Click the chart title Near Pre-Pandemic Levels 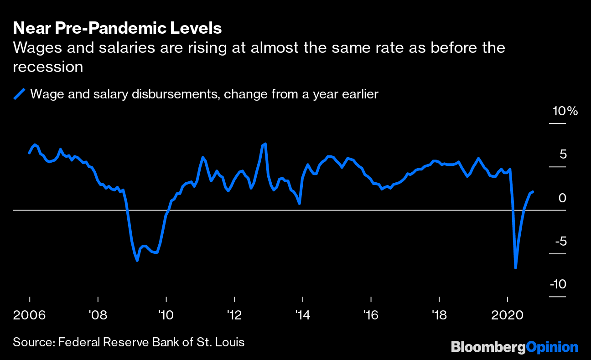117,28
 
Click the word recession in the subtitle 48,67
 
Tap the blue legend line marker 19,94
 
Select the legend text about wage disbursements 204,94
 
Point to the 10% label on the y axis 565,112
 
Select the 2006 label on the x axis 29,314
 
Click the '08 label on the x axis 98,314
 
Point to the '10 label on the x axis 166,314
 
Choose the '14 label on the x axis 302,314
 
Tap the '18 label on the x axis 439,314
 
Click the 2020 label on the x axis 507,314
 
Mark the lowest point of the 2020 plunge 516,267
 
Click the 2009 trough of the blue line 137,261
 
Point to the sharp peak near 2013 265,144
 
